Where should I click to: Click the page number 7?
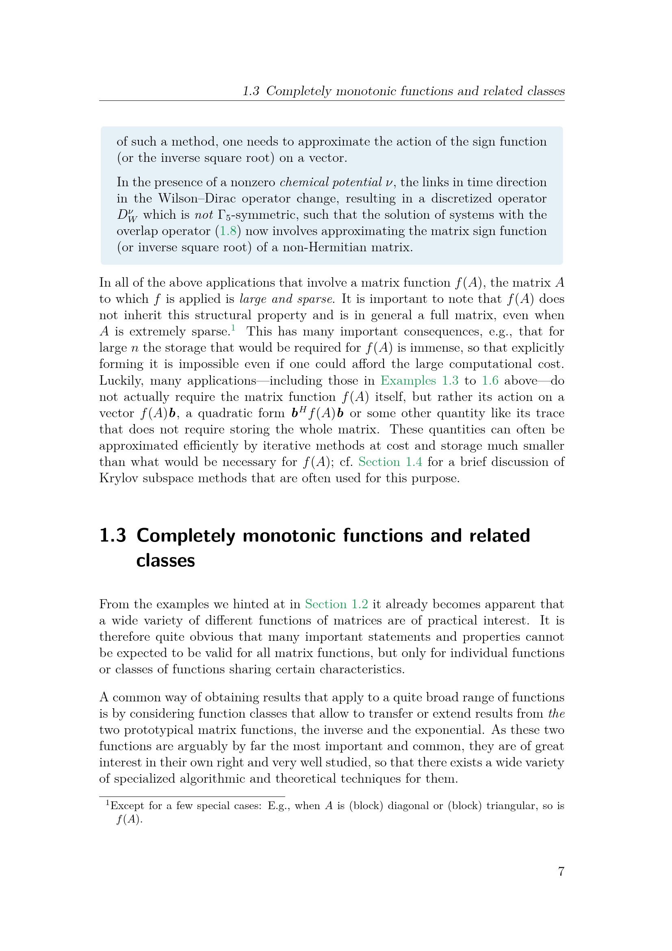click(561, 871)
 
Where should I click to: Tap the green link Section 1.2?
click(336, 604)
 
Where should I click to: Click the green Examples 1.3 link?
click(420, 381)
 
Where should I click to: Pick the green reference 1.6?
click(490, 381)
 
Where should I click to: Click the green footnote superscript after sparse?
click(233, 329)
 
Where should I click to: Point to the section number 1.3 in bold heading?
click(113, 535)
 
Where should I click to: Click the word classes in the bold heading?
click(165, 560)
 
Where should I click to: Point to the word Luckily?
click(120, 381)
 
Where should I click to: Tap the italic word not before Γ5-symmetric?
click(204, 215)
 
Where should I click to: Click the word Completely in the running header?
click(299, 91)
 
